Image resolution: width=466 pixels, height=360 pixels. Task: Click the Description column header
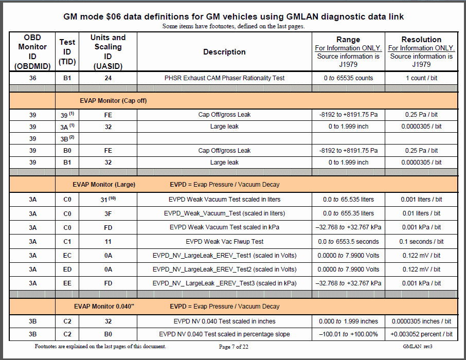click(224, 52)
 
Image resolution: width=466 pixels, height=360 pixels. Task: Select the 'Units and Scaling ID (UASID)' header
click(107, 52)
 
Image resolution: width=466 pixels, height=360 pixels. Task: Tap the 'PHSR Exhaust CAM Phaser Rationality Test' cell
click(224, 78)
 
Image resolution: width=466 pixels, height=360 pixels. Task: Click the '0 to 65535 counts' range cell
click(348, 78)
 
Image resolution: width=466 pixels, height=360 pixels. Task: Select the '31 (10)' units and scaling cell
click(107, 200)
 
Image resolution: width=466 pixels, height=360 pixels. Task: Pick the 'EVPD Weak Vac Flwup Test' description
click(224, 241)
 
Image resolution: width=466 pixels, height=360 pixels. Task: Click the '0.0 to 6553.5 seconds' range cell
click(348, 241)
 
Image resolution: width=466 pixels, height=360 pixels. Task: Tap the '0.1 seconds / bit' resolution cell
click(421, 241)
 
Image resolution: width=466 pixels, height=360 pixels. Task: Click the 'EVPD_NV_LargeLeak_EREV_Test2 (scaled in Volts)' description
click(224, 269)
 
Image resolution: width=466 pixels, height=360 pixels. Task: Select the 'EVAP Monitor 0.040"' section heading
click(104, 307)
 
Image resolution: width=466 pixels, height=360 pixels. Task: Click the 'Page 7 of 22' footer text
click(234, 347)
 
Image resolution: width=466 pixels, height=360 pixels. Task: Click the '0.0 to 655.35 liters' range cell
click(348, 213)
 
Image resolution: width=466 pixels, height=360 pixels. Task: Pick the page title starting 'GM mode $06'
click(234, 16)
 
